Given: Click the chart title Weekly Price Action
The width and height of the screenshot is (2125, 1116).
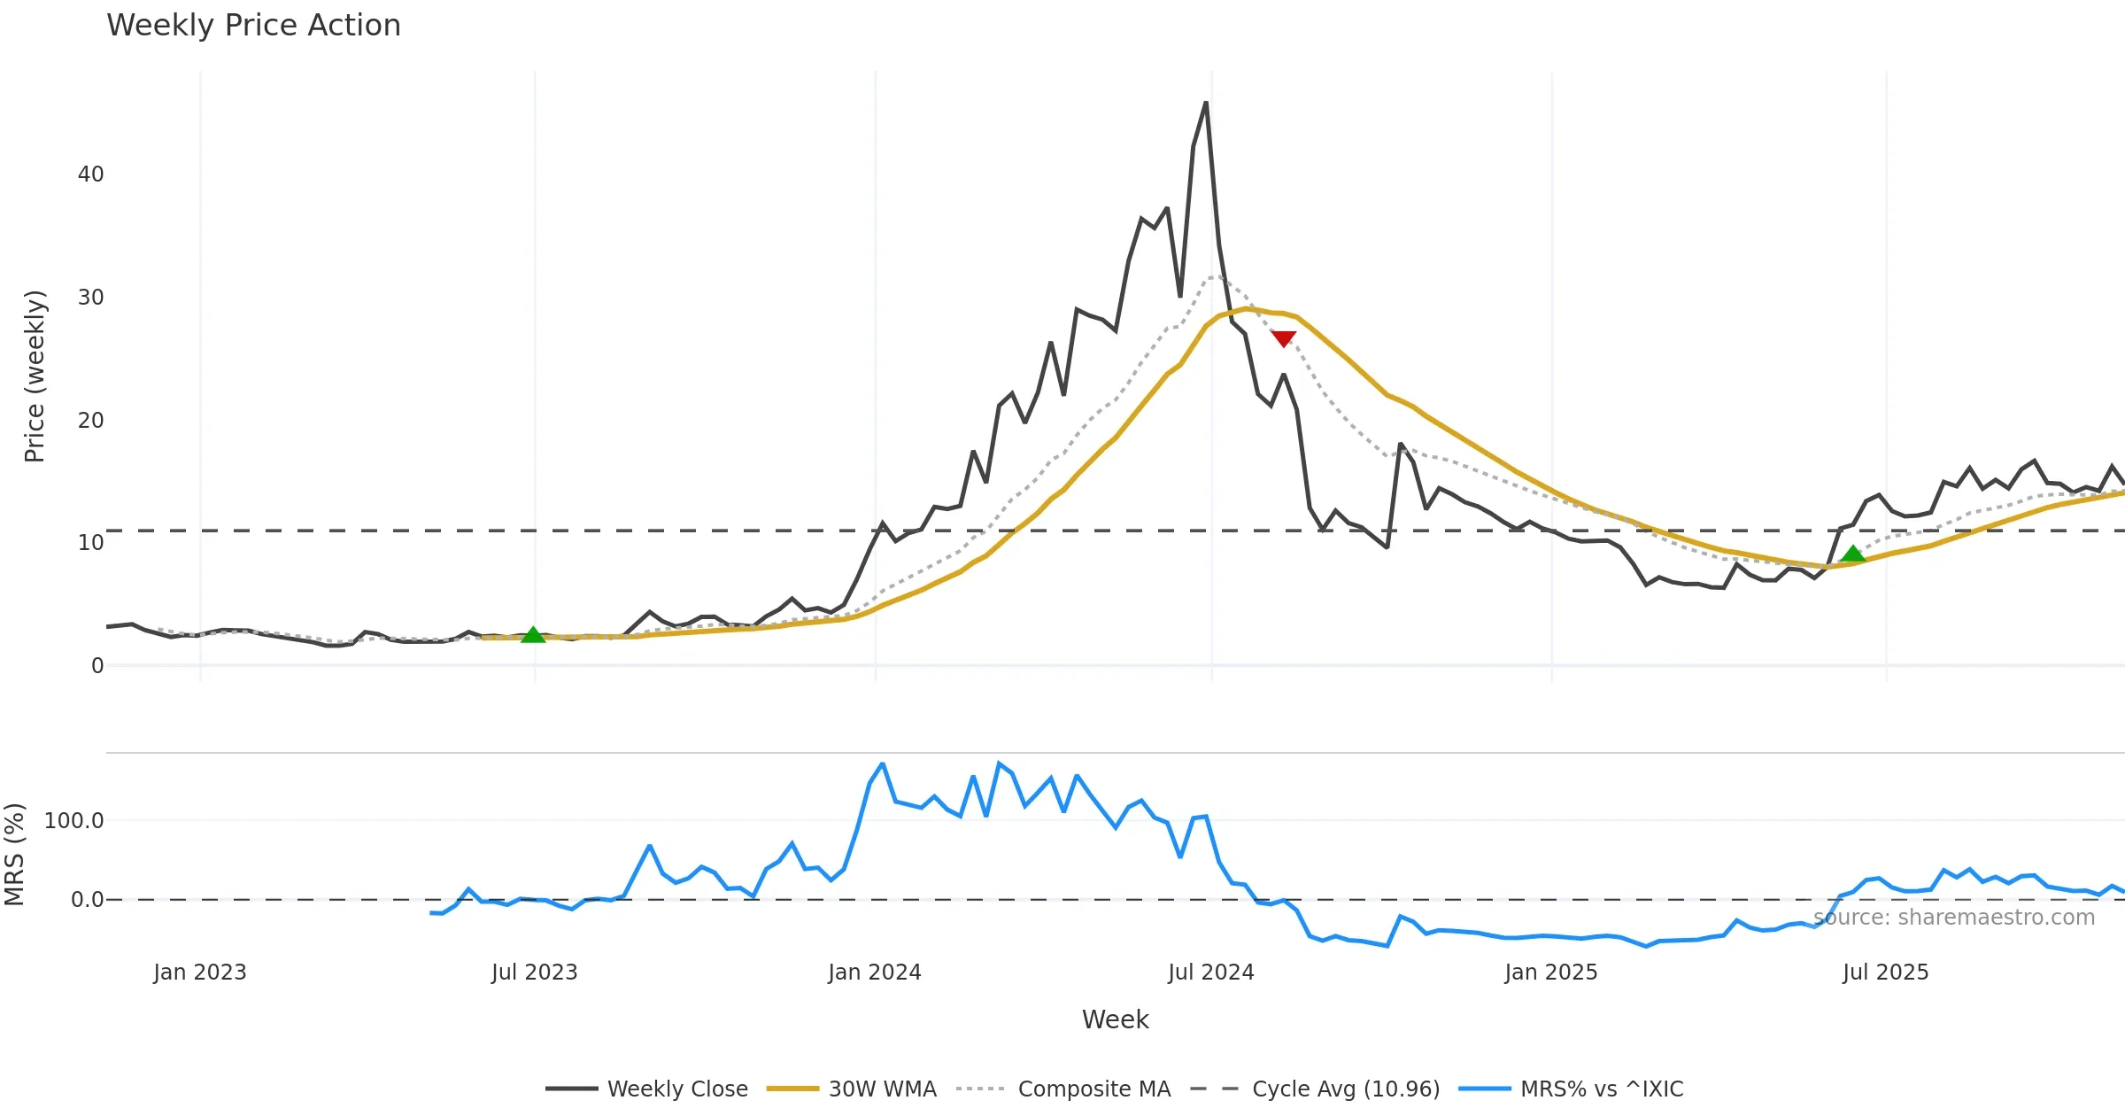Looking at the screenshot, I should (253, 26).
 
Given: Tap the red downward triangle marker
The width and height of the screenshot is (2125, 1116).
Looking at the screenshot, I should (1283, 338).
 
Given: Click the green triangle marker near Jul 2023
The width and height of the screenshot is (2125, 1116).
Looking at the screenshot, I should (533, 635).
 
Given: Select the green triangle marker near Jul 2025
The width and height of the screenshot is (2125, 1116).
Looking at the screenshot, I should (1852, 554).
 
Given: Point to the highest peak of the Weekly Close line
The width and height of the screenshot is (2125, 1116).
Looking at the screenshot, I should (1205, 104).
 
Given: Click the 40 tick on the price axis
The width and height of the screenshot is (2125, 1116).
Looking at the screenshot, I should (90, 174).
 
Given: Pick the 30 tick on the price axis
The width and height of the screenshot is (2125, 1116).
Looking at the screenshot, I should (90, 298).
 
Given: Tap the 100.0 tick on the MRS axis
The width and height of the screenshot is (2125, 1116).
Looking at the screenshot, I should (73, 821).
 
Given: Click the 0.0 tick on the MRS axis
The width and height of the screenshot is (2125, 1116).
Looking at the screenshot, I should (87, 900).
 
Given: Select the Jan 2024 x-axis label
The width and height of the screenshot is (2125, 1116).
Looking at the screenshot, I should (875, 973).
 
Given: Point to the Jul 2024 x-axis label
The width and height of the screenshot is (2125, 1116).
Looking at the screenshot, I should (1211, 973).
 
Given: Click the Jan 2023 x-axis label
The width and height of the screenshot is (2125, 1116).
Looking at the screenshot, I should (200, 973).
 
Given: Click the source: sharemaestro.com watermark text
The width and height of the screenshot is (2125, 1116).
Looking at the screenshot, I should (1954, 918).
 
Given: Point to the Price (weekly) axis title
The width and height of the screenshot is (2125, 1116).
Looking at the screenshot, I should (35, 376).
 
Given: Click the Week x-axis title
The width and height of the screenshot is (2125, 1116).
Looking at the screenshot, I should (1115, 1019).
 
